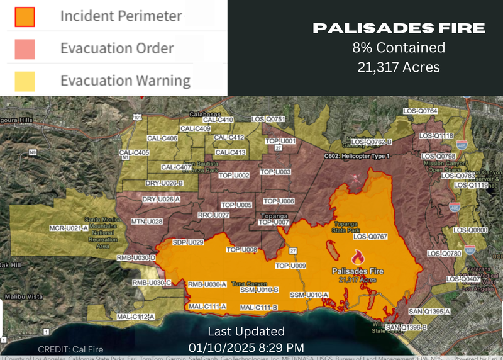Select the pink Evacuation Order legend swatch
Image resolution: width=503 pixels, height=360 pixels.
[25, 48]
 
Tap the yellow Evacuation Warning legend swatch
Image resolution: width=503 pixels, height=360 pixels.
[25, 81]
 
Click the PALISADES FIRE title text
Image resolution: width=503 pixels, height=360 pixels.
[399, 28]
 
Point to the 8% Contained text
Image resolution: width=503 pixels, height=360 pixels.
[399, 47]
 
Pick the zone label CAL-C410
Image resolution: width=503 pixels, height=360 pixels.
[218, 120]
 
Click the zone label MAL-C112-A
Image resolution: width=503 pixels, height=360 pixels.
[135, 317]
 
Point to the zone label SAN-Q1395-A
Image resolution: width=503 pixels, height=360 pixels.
[429, 312]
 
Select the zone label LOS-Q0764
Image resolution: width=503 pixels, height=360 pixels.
[437, 111]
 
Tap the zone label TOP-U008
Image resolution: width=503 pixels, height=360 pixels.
[241, 250]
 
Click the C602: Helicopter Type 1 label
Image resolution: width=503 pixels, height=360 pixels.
[357, 156]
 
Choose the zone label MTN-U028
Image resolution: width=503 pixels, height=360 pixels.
[146, 222]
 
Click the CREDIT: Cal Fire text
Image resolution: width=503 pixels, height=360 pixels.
[70, 349]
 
